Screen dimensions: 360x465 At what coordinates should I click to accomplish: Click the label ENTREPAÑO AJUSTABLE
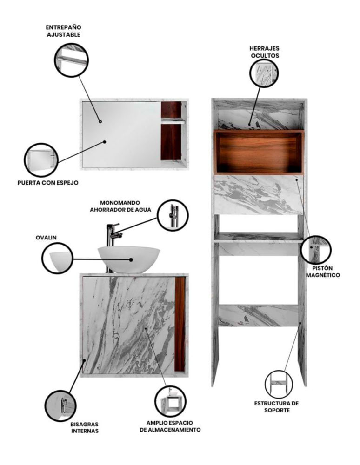(63, 31)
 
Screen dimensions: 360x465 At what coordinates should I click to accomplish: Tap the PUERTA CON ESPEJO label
(48, 183)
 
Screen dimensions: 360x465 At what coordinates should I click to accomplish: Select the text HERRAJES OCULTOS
(265, 52)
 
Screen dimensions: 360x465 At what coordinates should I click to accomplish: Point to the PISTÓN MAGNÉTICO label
(323, 272)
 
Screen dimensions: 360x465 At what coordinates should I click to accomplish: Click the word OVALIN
(46, 238)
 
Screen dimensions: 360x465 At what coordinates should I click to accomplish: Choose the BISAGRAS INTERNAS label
(85, 428)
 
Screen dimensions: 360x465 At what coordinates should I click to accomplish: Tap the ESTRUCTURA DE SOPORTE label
(277, 406)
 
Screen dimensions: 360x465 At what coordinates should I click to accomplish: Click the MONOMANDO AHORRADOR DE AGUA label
(120, 206)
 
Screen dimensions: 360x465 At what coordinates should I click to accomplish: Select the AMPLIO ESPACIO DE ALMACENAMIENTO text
(170, 426)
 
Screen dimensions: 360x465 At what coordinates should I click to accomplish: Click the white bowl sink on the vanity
(129, 259)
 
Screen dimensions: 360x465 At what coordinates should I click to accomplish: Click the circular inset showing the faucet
(173, 215)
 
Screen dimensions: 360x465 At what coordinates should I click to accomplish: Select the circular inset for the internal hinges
(60, 405)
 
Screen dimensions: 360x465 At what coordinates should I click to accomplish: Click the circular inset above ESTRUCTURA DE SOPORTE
(279, 385)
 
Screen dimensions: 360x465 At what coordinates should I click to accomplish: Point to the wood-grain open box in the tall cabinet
(259, 152)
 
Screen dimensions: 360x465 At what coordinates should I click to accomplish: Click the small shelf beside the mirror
(173, 120)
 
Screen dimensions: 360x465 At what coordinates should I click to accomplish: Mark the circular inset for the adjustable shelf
(72, 60)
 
